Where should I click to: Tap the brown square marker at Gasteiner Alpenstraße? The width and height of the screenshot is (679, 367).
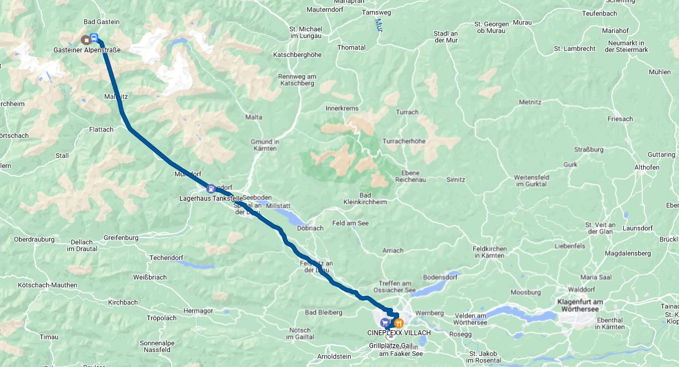click(x=85, y=40)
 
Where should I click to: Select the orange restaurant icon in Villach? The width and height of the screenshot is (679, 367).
click(x=398, y=323)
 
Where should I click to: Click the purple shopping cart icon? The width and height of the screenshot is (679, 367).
click(x=385, y=323)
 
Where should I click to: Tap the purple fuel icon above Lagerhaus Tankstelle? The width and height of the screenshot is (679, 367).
click(x=210, y=189)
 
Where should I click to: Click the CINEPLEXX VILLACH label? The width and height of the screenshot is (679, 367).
click(x=399, y=333)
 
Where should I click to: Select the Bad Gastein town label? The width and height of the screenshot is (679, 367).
click(x=101, y=22)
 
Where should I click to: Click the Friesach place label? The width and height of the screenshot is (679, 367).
click(x=620, y=119)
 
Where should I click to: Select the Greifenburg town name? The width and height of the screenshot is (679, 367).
click(x=120, y=238)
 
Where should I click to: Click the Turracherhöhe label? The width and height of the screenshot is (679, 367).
click(x=404, y=141)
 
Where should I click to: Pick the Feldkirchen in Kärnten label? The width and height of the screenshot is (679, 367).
click(x=489, y=252)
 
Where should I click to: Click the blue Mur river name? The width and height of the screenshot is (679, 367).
click(x=379, y=25)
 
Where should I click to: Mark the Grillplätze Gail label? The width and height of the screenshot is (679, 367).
click(x=391, y=346)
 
